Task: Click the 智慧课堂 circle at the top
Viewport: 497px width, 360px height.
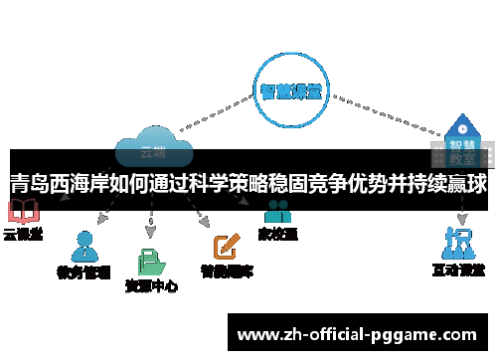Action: pos(290,91)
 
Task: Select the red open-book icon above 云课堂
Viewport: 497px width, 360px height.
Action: pos(22,212)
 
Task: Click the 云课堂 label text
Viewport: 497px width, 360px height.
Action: pos(23,235)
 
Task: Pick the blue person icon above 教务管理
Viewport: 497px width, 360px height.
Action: pos(84,245)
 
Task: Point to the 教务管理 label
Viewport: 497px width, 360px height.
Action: pos(85,270)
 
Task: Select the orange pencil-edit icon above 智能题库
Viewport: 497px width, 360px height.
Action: pos(228,245)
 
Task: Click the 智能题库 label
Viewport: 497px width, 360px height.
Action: pos(227,270)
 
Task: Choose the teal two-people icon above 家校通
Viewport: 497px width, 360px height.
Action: pos(277,211)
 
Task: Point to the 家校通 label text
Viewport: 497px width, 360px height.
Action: pos(278,235)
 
